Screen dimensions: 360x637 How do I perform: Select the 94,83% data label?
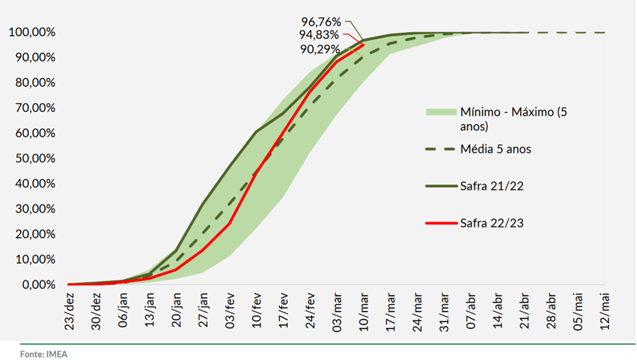(319, 35)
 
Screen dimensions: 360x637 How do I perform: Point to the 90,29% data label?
(320, 50)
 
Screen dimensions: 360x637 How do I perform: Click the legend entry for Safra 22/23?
(491, 223)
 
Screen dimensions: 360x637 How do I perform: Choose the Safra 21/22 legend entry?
(491, 185)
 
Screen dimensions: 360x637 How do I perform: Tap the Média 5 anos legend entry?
(496, 149)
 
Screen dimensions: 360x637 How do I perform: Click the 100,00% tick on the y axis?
(32, 32)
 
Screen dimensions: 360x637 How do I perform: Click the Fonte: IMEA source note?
(44, 354)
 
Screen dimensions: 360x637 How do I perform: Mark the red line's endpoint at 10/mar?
(363, 45)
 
